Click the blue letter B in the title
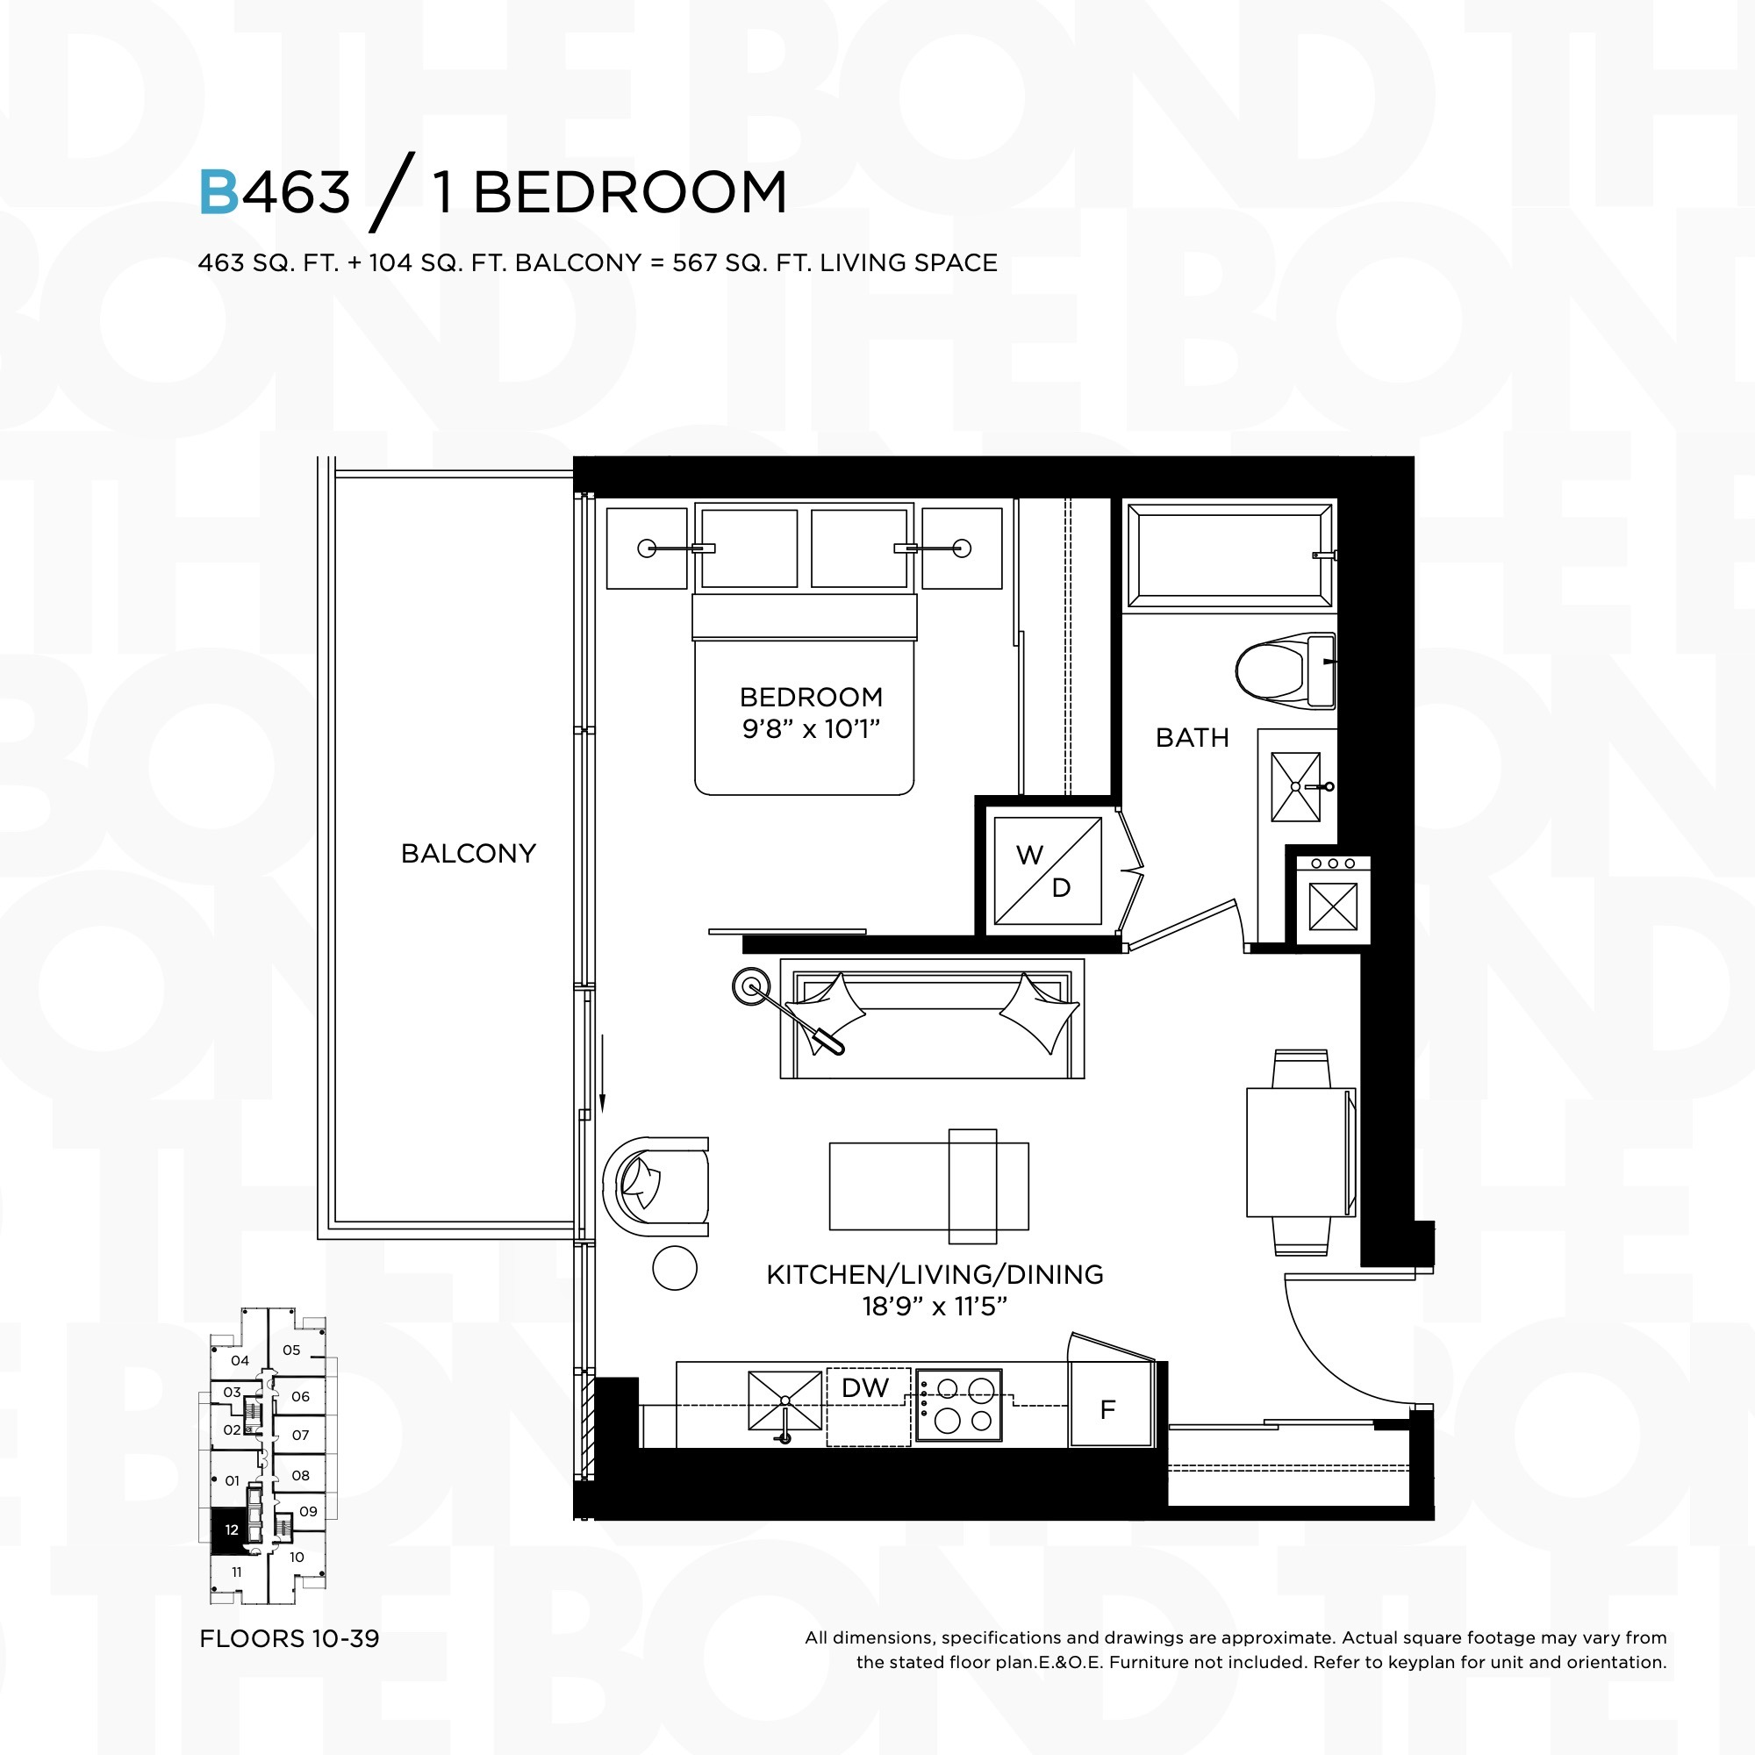(218, 192)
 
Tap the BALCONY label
(469, 854)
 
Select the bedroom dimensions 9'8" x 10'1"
(811, 728)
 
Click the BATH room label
(1192, 738)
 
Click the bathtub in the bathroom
(1230, 555)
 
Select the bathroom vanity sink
(1295, 786)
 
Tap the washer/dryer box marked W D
(1048, 871)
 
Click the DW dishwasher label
(865, 1387)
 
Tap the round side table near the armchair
(675, 1268)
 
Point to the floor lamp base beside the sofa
(751, 986)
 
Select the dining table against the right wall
(1300, 1153)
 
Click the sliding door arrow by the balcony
(601, 1073)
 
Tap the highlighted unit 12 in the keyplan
(231, 1529)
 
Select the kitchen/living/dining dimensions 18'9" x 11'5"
(935, 1307)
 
